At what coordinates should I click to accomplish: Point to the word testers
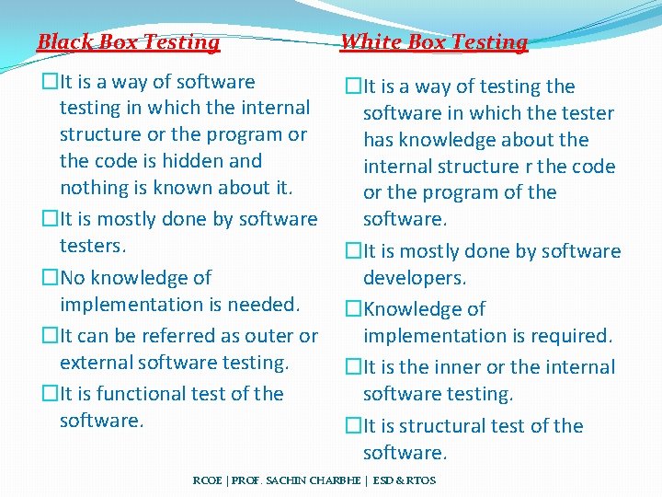click(92, 246)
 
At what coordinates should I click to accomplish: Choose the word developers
click(415, 278)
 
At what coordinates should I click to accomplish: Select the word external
click(97, 363)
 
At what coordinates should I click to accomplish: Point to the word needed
click(266, 305)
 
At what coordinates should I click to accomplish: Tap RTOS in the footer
click(420, 480)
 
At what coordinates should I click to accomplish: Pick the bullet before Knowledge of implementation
click(353, 309)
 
